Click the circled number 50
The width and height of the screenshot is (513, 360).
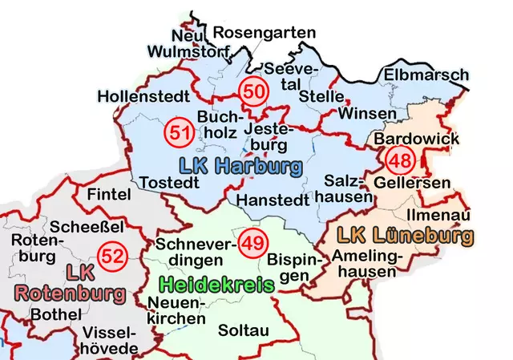[253, 92]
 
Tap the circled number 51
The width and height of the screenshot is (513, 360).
[179, 133]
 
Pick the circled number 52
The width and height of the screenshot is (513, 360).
[111, 257]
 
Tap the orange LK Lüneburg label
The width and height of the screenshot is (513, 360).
[405, 236]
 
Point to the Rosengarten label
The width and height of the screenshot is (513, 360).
[265, 32]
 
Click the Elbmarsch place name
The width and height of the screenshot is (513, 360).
[426, 76]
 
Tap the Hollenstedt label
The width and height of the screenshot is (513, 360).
[138, 97]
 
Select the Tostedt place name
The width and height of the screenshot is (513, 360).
[169, 184]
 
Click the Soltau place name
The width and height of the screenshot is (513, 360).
[244, 330]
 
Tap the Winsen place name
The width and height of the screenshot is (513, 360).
[367, 113]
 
